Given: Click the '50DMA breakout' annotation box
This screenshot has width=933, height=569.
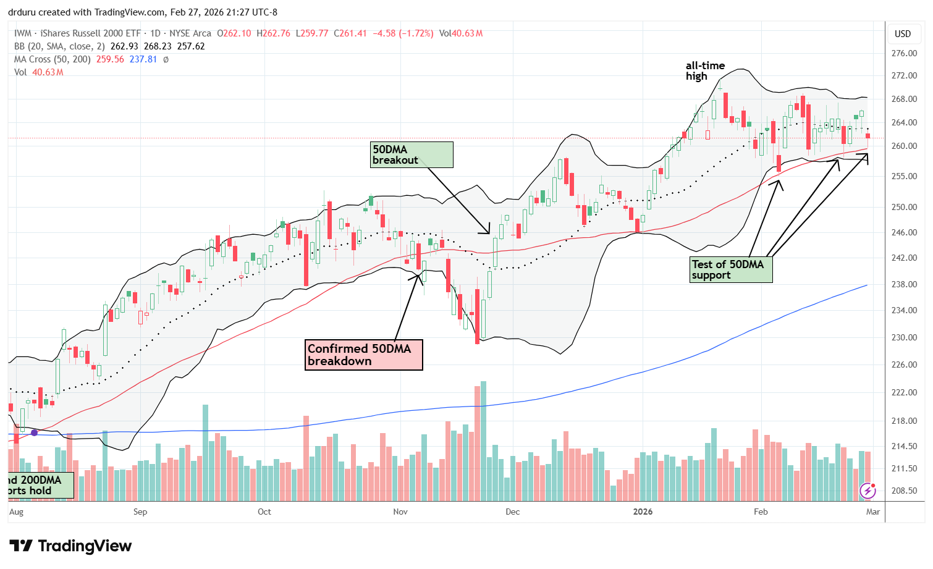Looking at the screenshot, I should (x=412, y=154).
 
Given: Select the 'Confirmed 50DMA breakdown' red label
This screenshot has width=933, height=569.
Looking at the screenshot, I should (x=363, y=355).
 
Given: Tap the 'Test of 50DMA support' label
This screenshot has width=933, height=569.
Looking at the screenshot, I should (x=731, y=270).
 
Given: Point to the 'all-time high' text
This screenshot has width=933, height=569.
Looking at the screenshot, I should (x=705, y=70).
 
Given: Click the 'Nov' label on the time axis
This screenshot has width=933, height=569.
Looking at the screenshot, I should (x=400, y=512).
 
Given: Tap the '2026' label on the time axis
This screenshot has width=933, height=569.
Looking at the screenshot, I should (x=643, y=512).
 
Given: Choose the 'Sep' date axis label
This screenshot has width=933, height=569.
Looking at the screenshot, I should (x=140, y=512).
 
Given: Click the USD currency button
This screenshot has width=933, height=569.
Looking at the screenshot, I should (x=903, y=34).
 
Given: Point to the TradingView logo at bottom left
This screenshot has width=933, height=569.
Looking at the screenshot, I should (x=70, y=546).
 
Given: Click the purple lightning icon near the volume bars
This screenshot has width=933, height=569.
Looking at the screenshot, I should (x=868, y=491).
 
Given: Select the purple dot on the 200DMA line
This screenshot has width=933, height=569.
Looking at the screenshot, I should (x=35, y=432).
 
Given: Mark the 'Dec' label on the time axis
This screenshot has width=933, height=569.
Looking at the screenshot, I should (x=512, y=512).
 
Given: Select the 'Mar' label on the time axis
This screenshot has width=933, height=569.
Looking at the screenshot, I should (x=872, y=512).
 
